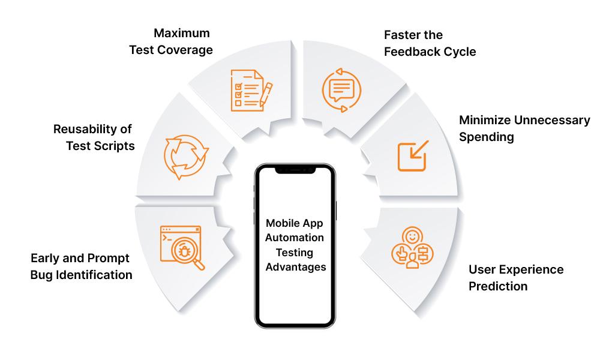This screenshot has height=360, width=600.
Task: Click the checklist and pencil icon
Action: pyautogui.click(x=251, y=90)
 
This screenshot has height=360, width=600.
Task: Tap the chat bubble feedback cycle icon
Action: pyautogui.click(x=341, y=90)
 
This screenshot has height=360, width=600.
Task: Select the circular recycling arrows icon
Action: pyautogui.click(x=187, y=157)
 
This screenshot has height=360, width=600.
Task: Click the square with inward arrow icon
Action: pyautogui.click(x=413, y=155)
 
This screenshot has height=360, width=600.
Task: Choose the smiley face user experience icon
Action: pyautogui.click(x=412, y=248)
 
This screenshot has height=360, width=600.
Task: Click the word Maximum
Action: pyautogui.click(x=182, y=33)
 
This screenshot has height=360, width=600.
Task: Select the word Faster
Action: pyautogui.click(x=401, y=35)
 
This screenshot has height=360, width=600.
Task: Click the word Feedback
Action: pyautogui.click(x=409, y=52)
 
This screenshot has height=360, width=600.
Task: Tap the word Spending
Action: pyautogui.click(x=487, y=137)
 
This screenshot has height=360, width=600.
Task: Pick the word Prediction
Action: pyautogui.click(x=498, y=287)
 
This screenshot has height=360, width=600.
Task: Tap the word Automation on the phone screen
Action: pyautogui.click(x=295, y=238)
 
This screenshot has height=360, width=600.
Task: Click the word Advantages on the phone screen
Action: pyautogui.click(x=296, y=267)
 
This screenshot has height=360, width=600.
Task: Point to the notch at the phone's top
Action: pyautogui.click(x=295, y=170)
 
